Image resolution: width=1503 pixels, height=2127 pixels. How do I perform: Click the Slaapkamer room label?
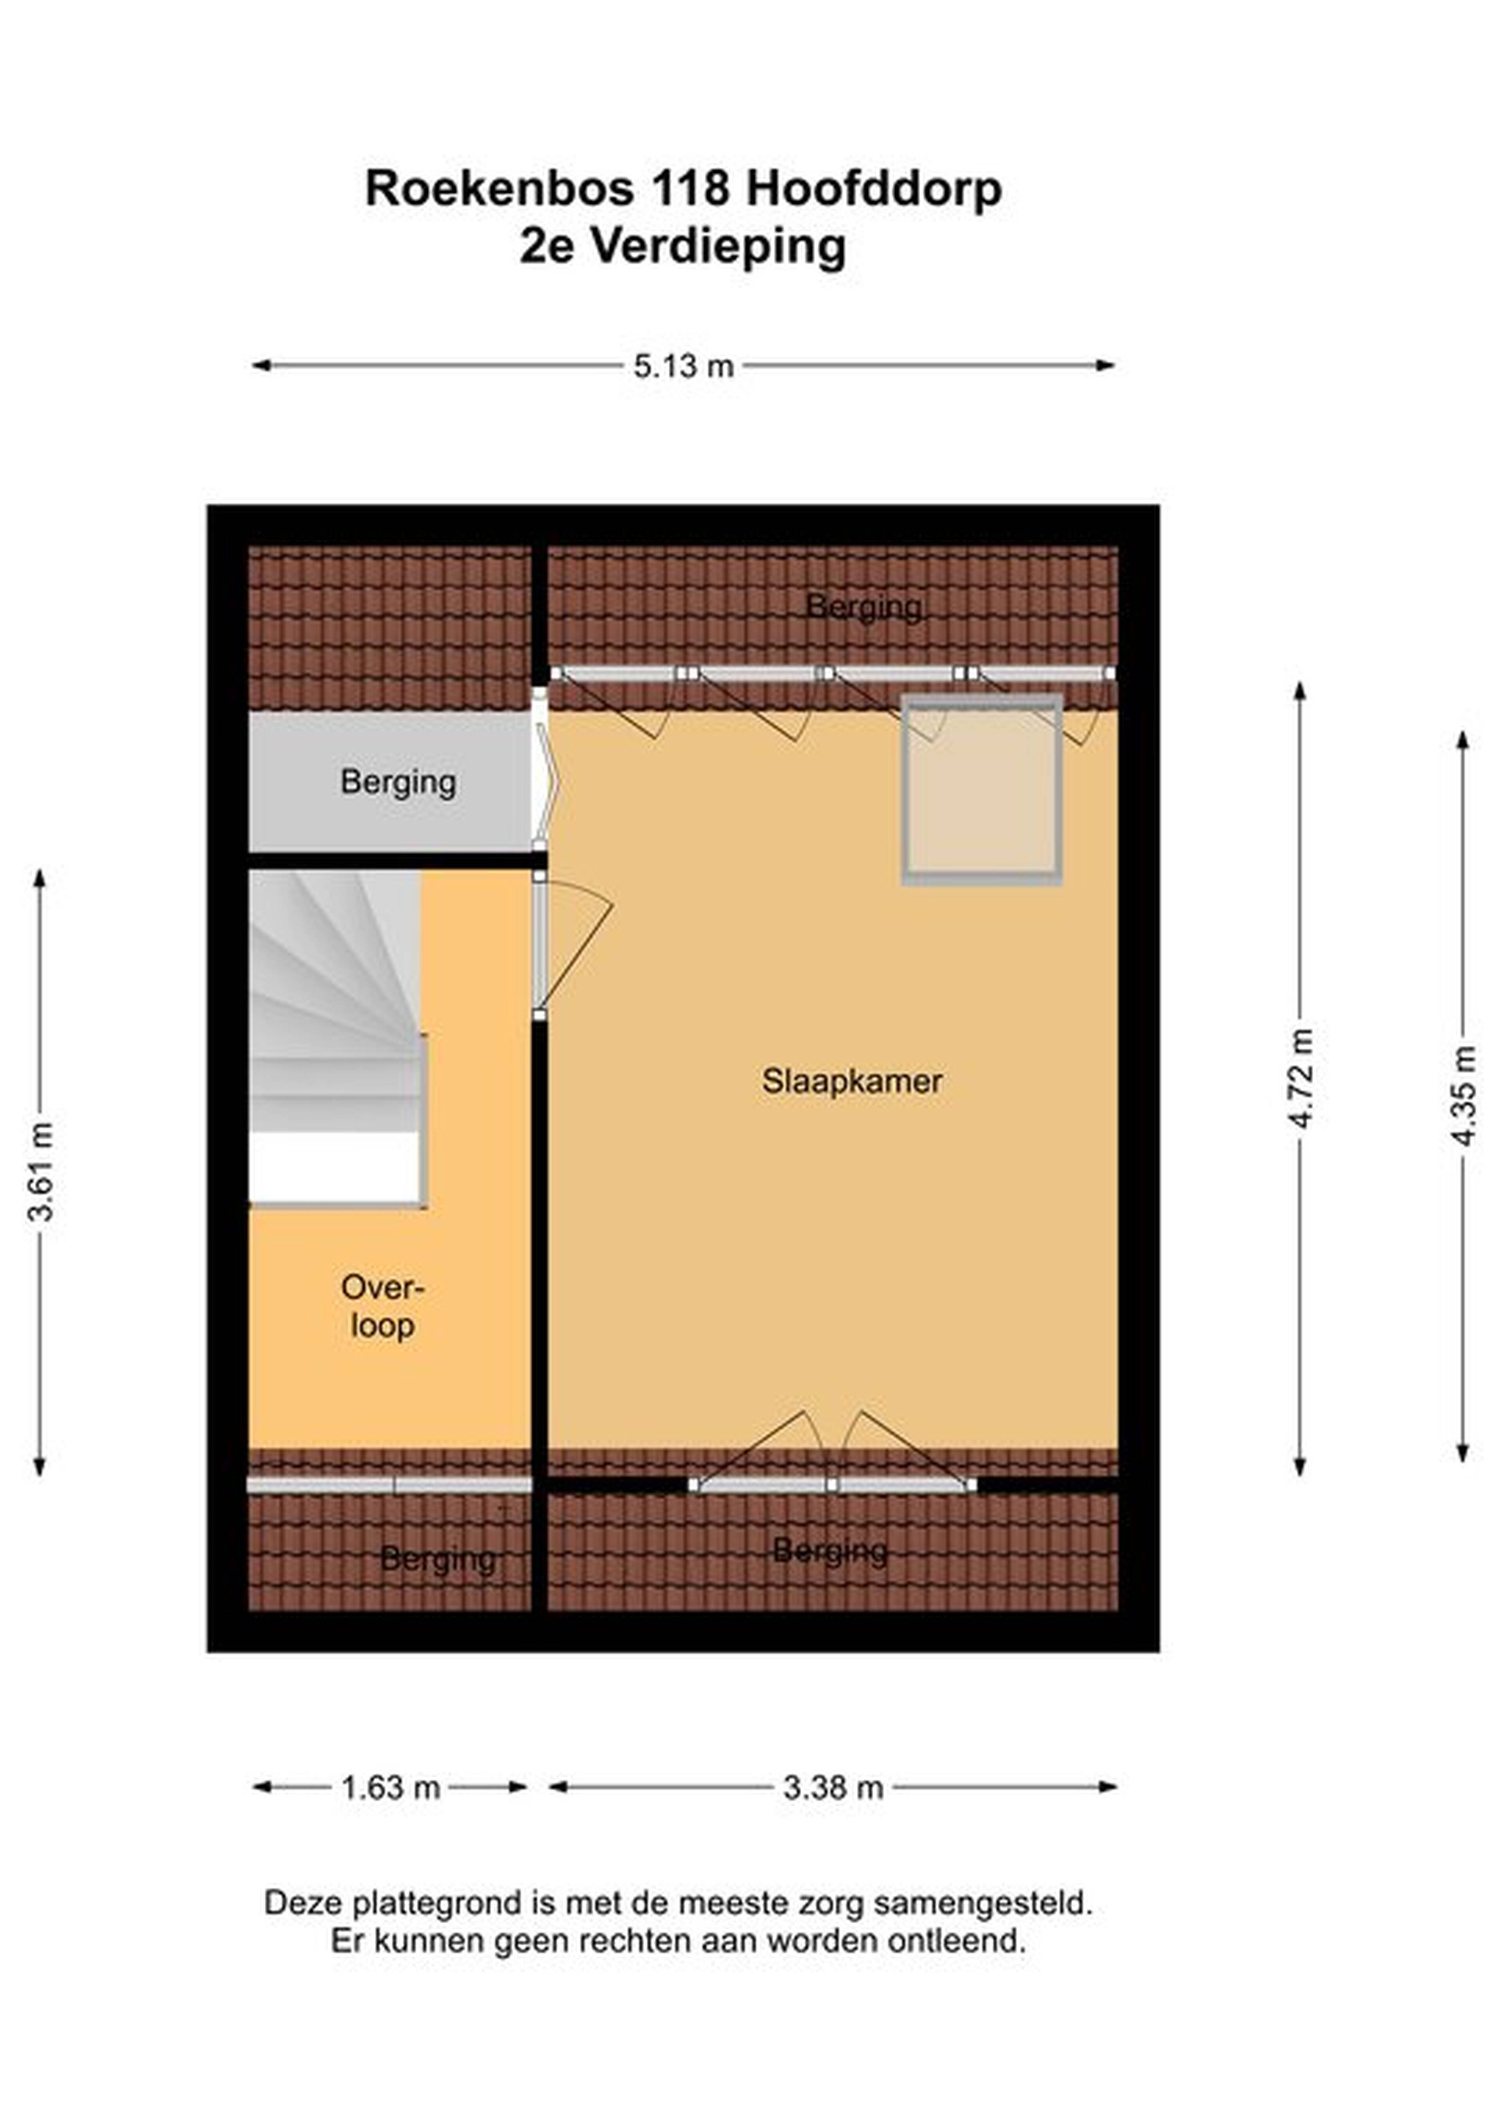click(x=852, y=1081)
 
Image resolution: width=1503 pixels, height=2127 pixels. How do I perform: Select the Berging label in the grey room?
click(x=398, y=783)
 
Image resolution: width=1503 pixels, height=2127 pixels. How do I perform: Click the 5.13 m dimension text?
click(x=683, y=366)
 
